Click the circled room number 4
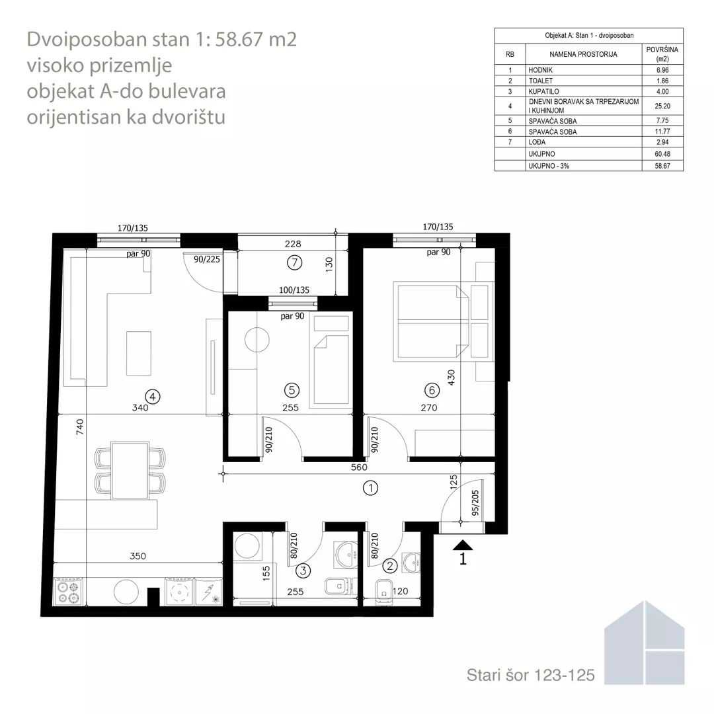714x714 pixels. click(153, 397)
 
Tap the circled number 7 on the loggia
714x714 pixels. click(295, 262)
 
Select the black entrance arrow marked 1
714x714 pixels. click(463, 545)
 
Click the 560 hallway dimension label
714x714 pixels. click(359, 467)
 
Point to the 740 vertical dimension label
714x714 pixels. click(80, 427)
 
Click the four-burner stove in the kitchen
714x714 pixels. click(69, 592)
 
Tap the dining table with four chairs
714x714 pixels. click(130, 470)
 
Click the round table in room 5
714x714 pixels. click(257, 340)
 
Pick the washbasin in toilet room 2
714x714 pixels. click(412, 563)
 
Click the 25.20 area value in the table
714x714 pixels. click(662, 106)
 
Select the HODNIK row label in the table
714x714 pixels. click(541, 70)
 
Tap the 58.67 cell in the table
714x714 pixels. click(662, 166)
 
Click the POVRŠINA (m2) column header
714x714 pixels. click(662, 54)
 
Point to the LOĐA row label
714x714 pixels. click(537, 142)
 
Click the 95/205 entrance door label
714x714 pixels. click(475, 502)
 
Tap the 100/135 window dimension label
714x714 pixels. click(294, 290)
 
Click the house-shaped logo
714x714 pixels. click(645, 643)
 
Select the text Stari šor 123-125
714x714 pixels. click(530, 675)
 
